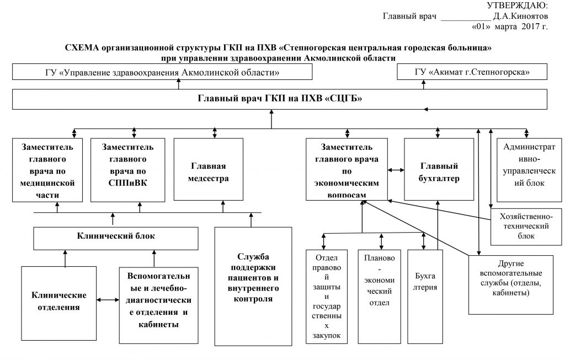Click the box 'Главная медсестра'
(x=208, y=169)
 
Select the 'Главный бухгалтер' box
(x=439, y=169)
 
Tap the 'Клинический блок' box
(x=116, y=238)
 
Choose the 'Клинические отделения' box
(x=58, y=303)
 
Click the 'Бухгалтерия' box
(x=425, y=297)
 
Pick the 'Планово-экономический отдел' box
(x=380, y=297)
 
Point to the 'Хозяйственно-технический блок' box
(x=526, y=227)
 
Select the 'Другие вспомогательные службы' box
(x=511, y=285)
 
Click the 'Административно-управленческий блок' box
(x=529, y=170)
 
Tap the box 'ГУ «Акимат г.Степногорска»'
(x=472, y=72)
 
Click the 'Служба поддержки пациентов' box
(x=253, y=286)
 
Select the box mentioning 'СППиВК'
(x=127, y=170)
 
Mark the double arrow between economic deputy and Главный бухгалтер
(x=396, y=170)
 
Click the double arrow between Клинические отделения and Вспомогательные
(x=108, y=299)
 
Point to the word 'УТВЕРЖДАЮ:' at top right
(x=517, y=5)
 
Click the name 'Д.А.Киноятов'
(x=520, y=16)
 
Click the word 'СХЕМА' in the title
(x=82, y=47)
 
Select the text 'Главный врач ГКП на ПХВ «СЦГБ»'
(x=280, y=98)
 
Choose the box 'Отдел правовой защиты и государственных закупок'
(x=327, y=297)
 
